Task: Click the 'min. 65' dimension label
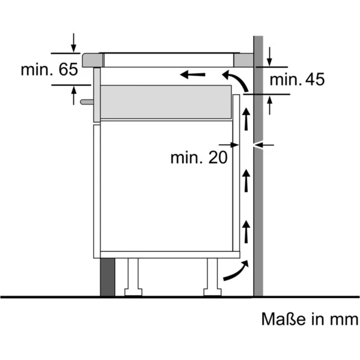tap(49, 70)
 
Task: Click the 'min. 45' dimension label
tap(297, 79)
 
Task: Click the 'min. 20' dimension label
tap(199, 157)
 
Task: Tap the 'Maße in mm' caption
tap(310, 319)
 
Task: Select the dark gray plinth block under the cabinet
tap(107, 277)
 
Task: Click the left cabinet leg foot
tap(133, 292)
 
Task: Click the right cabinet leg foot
tap(212, 292)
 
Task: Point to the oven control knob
tap(87, 102)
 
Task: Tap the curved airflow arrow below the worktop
tap(238, 79)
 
